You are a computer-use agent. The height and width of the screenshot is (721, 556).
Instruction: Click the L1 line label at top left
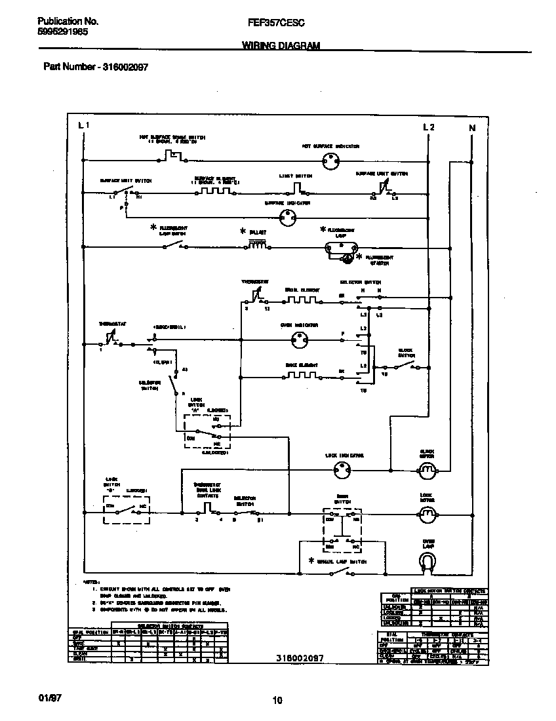[83, 125]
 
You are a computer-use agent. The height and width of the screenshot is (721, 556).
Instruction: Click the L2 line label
[428, 127]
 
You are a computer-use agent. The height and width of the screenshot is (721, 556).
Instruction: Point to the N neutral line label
[471, 128]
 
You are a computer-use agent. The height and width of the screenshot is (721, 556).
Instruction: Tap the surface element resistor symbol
[213, 191]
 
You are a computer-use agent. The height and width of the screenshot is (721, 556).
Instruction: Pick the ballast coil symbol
[258, 246]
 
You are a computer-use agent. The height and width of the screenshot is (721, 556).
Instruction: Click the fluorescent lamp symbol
[340, 247]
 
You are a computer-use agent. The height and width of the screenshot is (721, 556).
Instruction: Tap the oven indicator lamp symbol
[301, 340]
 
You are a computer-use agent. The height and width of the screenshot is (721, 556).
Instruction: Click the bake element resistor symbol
[301, 376]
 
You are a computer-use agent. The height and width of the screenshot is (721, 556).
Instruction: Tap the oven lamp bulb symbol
[427, 558]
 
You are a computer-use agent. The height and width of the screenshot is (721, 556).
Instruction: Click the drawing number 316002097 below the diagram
[299, 657]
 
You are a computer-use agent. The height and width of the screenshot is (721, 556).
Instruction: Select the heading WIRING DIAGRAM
[281, 45]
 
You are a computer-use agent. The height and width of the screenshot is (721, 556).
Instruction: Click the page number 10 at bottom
[277, 701]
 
